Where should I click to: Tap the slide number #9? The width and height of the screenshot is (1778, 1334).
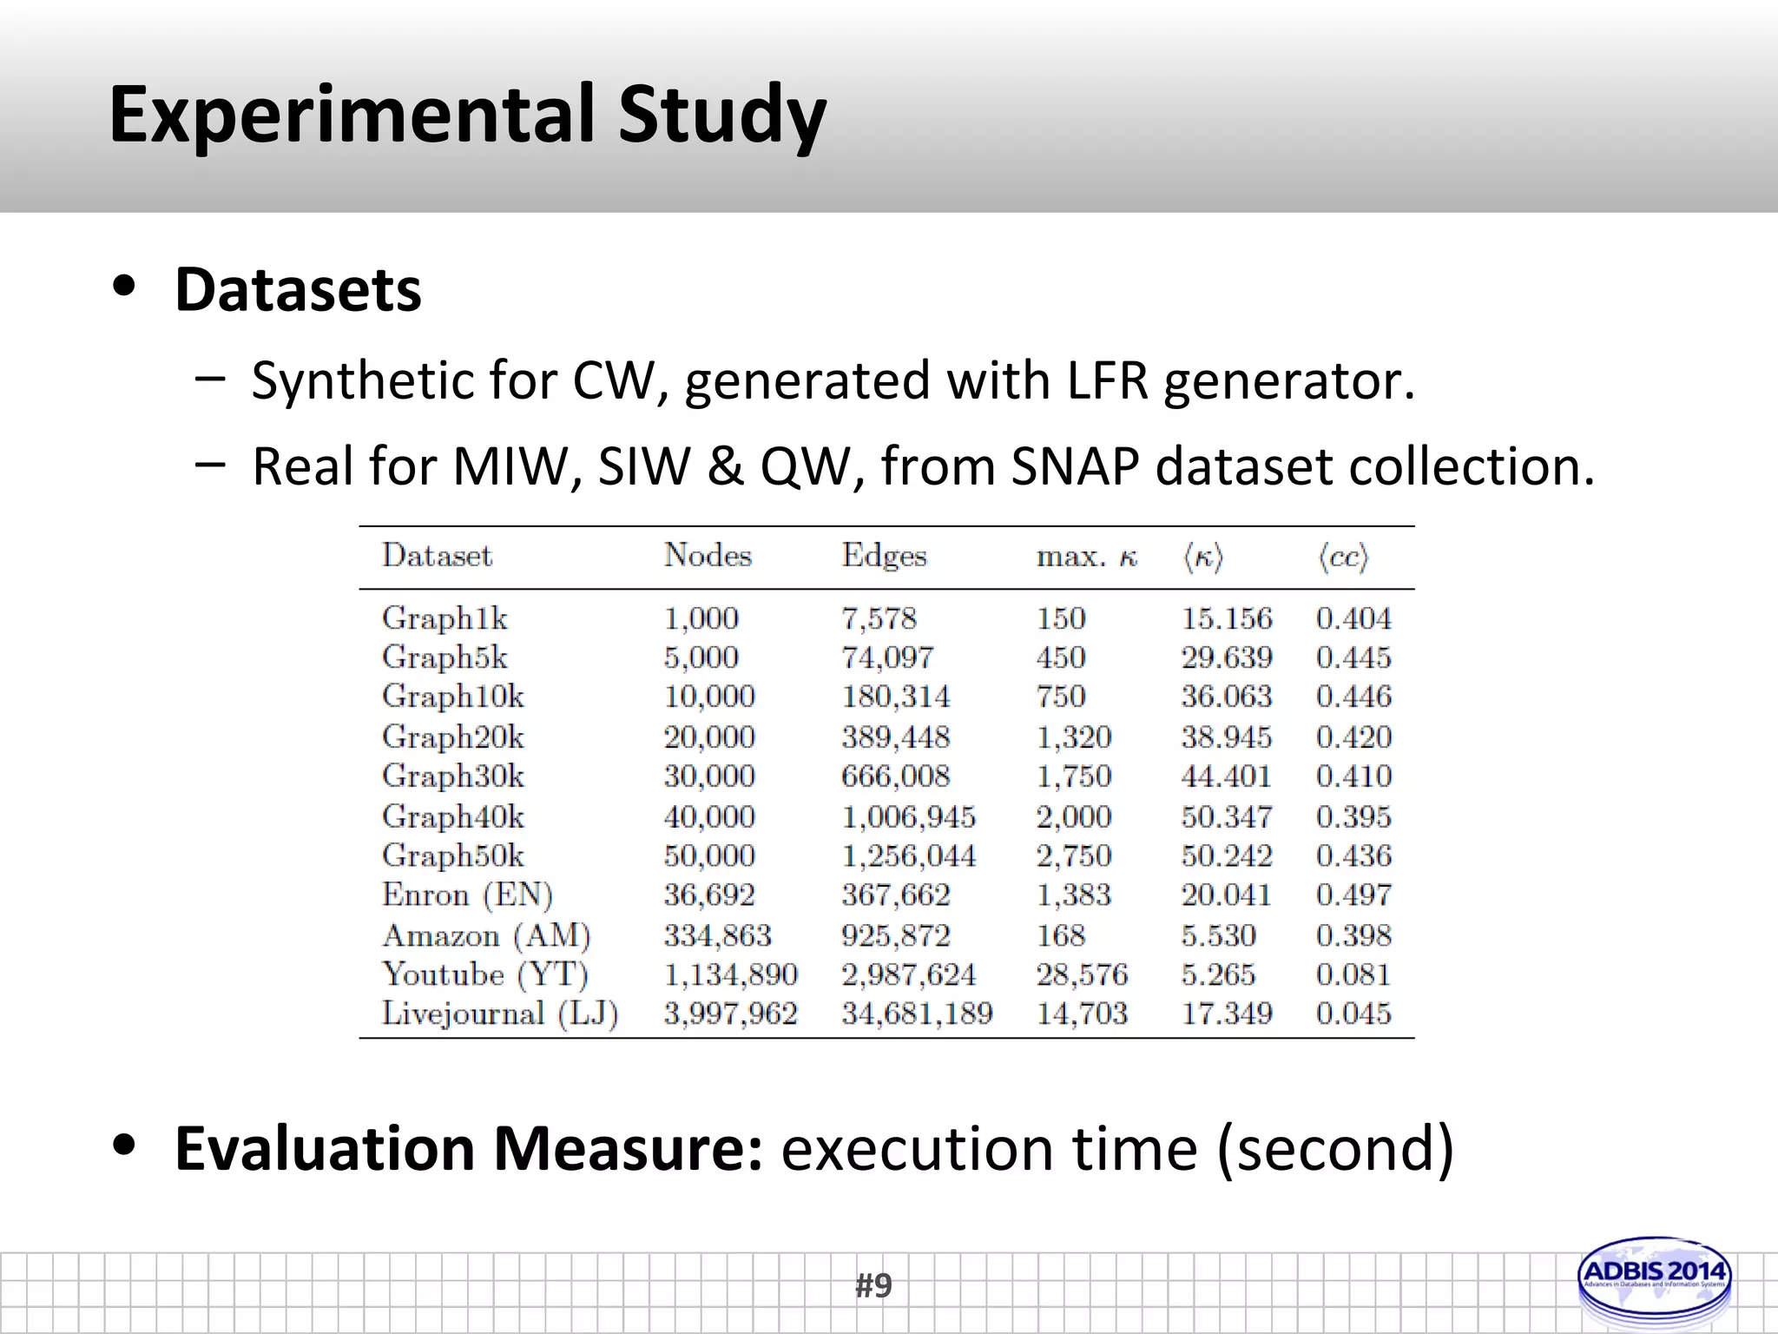(x=873, y=1285)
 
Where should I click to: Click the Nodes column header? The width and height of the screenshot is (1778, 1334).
(x=708, y=555)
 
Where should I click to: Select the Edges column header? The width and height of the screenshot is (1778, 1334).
(x=884, y=555)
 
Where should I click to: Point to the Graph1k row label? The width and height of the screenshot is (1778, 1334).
(x=444, y=618)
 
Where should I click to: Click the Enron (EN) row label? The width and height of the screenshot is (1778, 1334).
(x=467, y=895)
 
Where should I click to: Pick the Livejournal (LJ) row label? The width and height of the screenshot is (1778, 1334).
(x=500, y=1014)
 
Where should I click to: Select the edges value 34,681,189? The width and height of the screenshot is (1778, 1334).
(x=917, y=1014)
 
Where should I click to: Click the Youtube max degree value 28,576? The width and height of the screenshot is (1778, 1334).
(x=1082, y=974)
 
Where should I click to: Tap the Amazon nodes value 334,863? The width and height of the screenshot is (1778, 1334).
(x=718, y=935)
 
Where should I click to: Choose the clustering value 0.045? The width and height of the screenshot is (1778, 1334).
(x=1353, y=1014)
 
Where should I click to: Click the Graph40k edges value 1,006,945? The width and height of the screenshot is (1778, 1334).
(x=908, y=816)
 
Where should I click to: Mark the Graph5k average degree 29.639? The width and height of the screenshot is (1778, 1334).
(x=1227, y=657)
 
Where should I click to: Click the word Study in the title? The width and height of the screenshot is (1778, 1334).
(x=721, y=116)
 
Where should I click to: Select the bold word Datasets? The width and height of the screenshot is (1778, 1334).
(x=298, y=289)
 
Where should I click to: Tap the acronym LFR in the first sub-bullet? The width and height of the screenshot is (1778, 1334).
(x=1107, y=380)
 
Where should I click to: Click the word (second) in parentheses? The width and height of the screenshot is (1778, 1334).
(x=1335, y=1150)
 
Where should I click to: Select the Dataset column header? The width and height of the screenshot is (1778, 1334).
(x=437, y=555)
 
